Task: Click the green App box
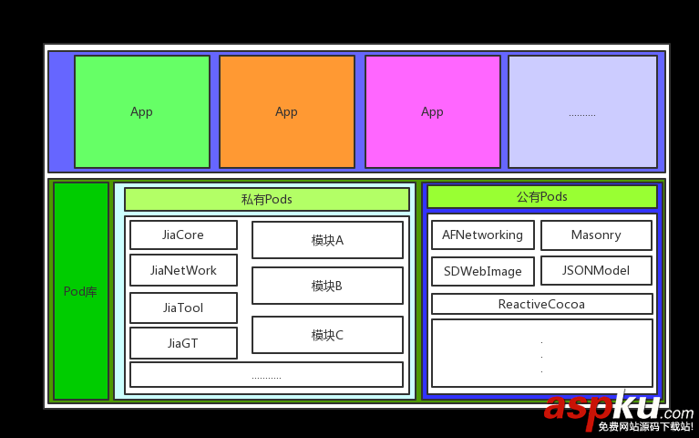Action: tap(142, 111)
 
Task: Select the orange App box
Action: tap(287, 111)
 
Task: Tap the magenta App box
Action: tap(433, 111)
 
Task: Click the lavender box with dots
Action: tap(582, 111)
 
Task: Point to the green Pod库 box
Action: tap(81, 291)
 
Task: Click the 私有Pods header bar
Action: tap(267, 199)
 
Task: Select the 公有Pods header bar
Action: tap(542, 196)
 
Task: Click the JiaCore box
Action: tap(183, 235)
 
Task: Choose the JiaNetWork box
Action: tap(183, 270)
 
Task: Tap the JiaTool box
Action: tap(183, 308)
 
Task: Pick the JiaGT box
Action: tap(183, 343)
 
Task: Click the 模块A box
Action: tap(327, 240)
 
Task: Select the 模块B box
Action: tap(327, 286)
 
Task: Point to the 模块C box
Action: tap(327, 335)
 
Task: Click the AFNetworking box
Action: tap(482, 235)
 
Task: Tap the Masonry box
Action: tap(596, 235)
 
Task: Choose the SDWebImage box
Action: tap(482, 271)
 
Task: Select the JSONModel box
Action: tap(596, 270)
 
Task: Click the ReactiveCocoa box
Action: tap(542, 304)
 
